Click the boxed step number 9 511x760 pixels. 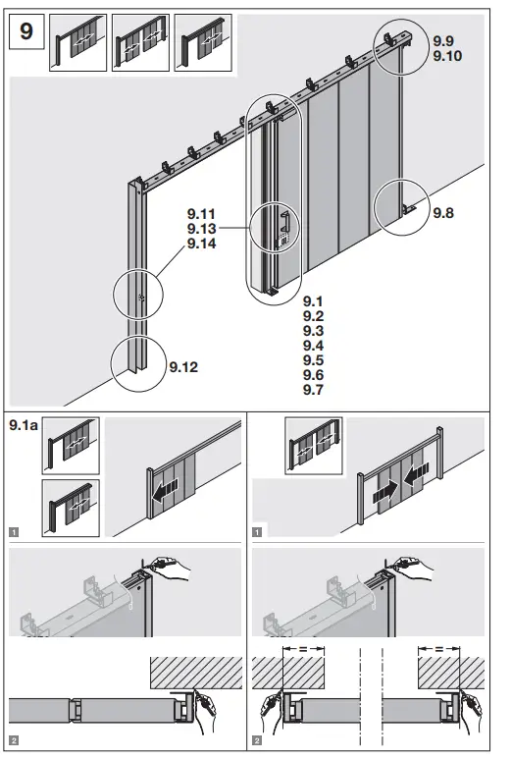(26, 31)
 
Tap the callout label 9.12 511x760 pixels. (182, 368)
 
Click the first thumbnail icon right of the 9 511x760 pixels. (78, 43)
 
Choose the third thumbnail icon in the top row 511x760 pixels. (203, 43)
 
